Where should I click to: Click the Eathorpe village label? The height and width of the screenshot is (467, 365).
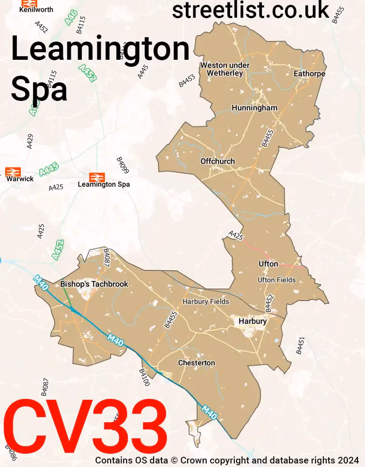(309, 73)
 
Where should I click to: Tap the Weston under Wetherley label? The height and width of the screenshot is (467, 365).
(225, 69)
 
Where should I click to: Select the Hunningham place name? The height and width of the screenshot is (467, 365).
(254, 108)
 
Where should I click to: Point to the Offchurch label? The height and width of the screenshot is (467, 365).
(218, 161)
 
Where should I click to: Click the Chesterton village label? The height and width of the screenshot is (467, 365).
(197, 363)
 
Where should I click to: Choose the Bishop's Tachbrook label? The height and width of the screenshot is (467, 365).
(94, 284)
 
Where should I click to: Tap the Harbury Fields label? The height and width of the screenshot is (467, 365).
(206, 301)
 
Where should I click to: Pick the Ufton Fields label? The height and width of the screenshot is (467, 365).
(277, 280)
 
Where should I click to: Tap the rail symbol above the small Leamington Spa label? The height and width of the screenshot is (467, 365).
(97, 177)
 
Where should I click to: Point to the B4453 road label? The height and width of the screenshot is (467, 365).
(187, 80)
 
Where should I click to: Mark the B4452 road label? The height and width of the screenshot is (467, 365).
(269, 303)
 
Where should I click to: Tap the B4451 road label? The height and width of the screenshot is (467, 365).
(300, 346)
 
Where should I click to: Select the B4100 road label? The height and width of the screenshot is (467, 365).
(144, 377)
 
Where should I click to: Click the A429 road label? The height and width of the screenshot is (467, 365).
(30, 141)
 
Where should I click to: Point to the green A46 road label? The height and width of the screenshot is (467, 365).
(71, 18)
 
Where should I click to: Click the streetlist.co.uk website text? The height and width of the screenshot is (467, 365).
(251, 10)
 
